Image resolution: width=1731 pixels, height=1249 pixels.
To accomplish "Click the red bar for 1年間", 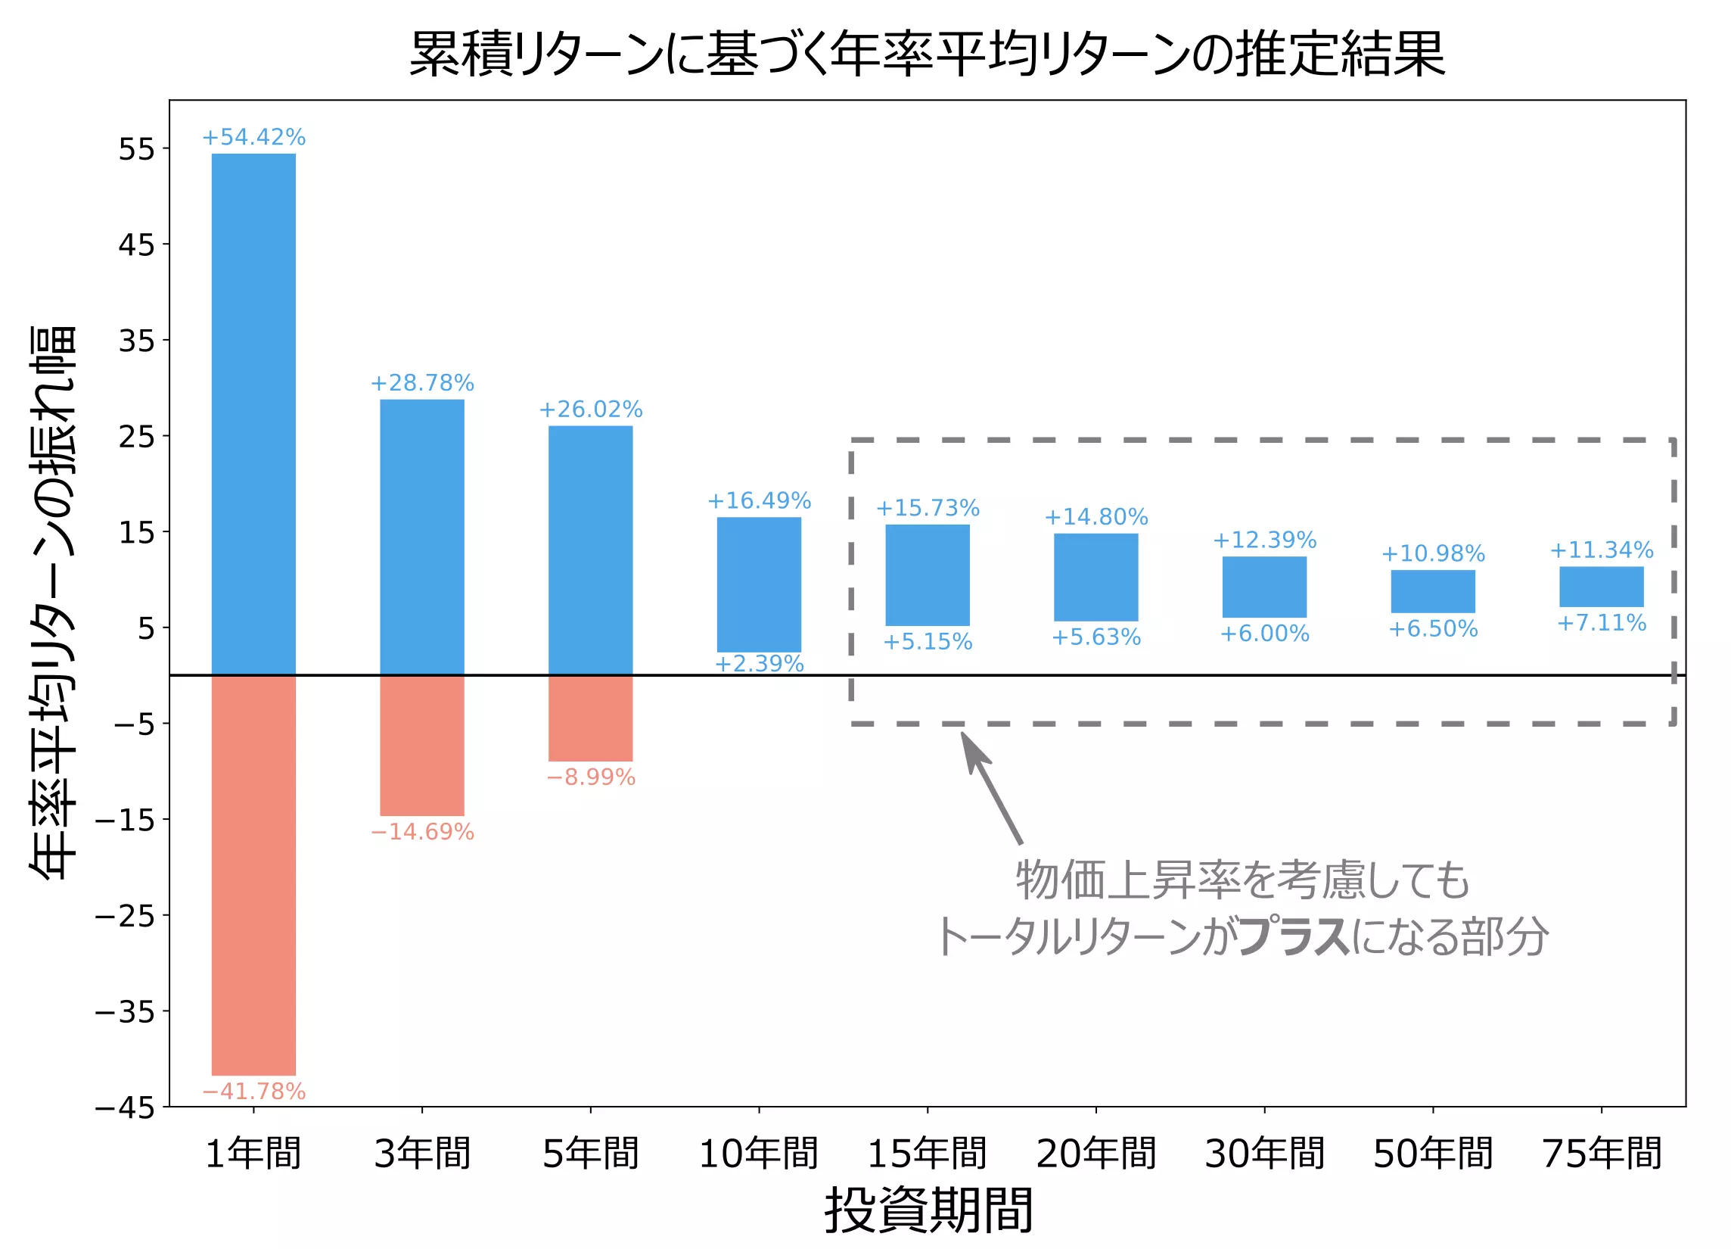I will (x=253, y=875).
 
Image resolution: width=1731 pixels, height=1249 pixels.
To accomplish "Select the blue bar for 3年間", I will (x=422, y=537).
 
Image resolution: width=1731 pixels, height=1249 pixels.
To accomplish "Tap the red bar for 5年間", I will (x=590, y=718).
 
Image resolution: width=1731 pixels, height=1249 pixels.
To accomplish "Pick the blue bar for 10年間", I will (x=759, y=584).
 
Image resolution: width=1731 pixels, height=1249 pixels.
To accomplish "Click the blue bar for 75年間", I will (x=1602, y=587).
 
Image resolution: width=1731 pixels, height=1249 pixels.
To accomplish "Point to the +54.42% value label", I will (x=253, y=138).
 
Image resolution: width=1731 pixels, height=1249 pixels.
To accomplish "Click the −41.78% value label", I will (x=253, y=1091).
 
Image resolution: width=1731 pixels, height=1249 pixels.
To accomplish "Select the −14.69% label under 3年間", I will (x=422, y=831).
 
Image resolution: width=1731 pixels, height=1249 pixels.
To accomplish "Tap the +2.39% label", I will (x=759, y=663).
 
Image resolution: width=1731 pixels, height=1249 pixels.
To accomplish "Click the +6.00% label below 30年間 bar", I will (x=1265, y=634).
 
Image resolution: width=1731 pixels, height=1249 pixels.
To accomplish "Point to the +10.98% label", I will (x=1433, y=553).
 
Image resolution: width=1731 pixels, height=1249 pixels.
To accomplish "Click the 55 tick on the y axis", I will (x=137, y=149).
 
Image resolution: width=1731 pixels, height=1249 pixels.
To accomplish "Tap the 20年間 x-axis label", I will (x=1096, y=1153).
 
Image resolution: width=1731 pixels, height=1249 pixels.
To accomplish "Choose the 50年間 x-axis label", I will (x=1433, y=1153).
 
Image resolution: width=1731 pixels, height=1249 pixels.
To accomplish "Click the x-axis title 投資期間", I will (x=928, y=1211).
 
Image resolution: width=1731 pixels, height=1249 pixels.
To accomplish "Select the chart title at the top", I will (x=928, y=54).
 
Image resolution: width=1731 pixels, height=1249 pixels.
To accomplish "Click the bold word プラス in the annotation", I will (x=1293, y=937).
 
